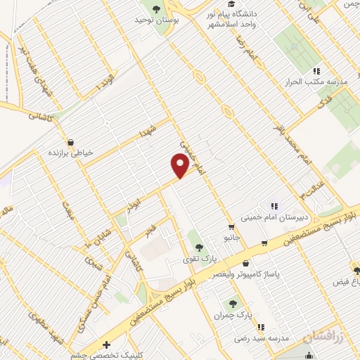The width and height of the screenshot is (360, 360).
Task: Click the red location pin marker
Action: click(x=181, y=166)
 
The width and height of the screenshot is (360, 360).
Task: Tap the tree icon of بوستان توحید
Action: click(x=155, y=9)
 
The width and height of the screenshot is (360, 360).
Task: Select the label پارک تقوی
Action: click(x=198, y=259)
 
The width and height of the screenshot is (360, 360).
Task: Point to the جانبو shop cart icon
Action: click(x=231, y=226)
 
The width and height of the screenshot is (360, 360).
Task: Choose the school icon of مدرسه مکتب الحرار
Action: click(x=316, y=71)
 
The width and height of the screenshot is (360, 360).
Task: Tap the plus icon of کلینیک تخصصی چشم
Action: click(x=105, y=345)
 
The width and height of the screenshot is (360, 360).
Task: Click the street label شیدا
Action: click(x=148, y=131)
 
